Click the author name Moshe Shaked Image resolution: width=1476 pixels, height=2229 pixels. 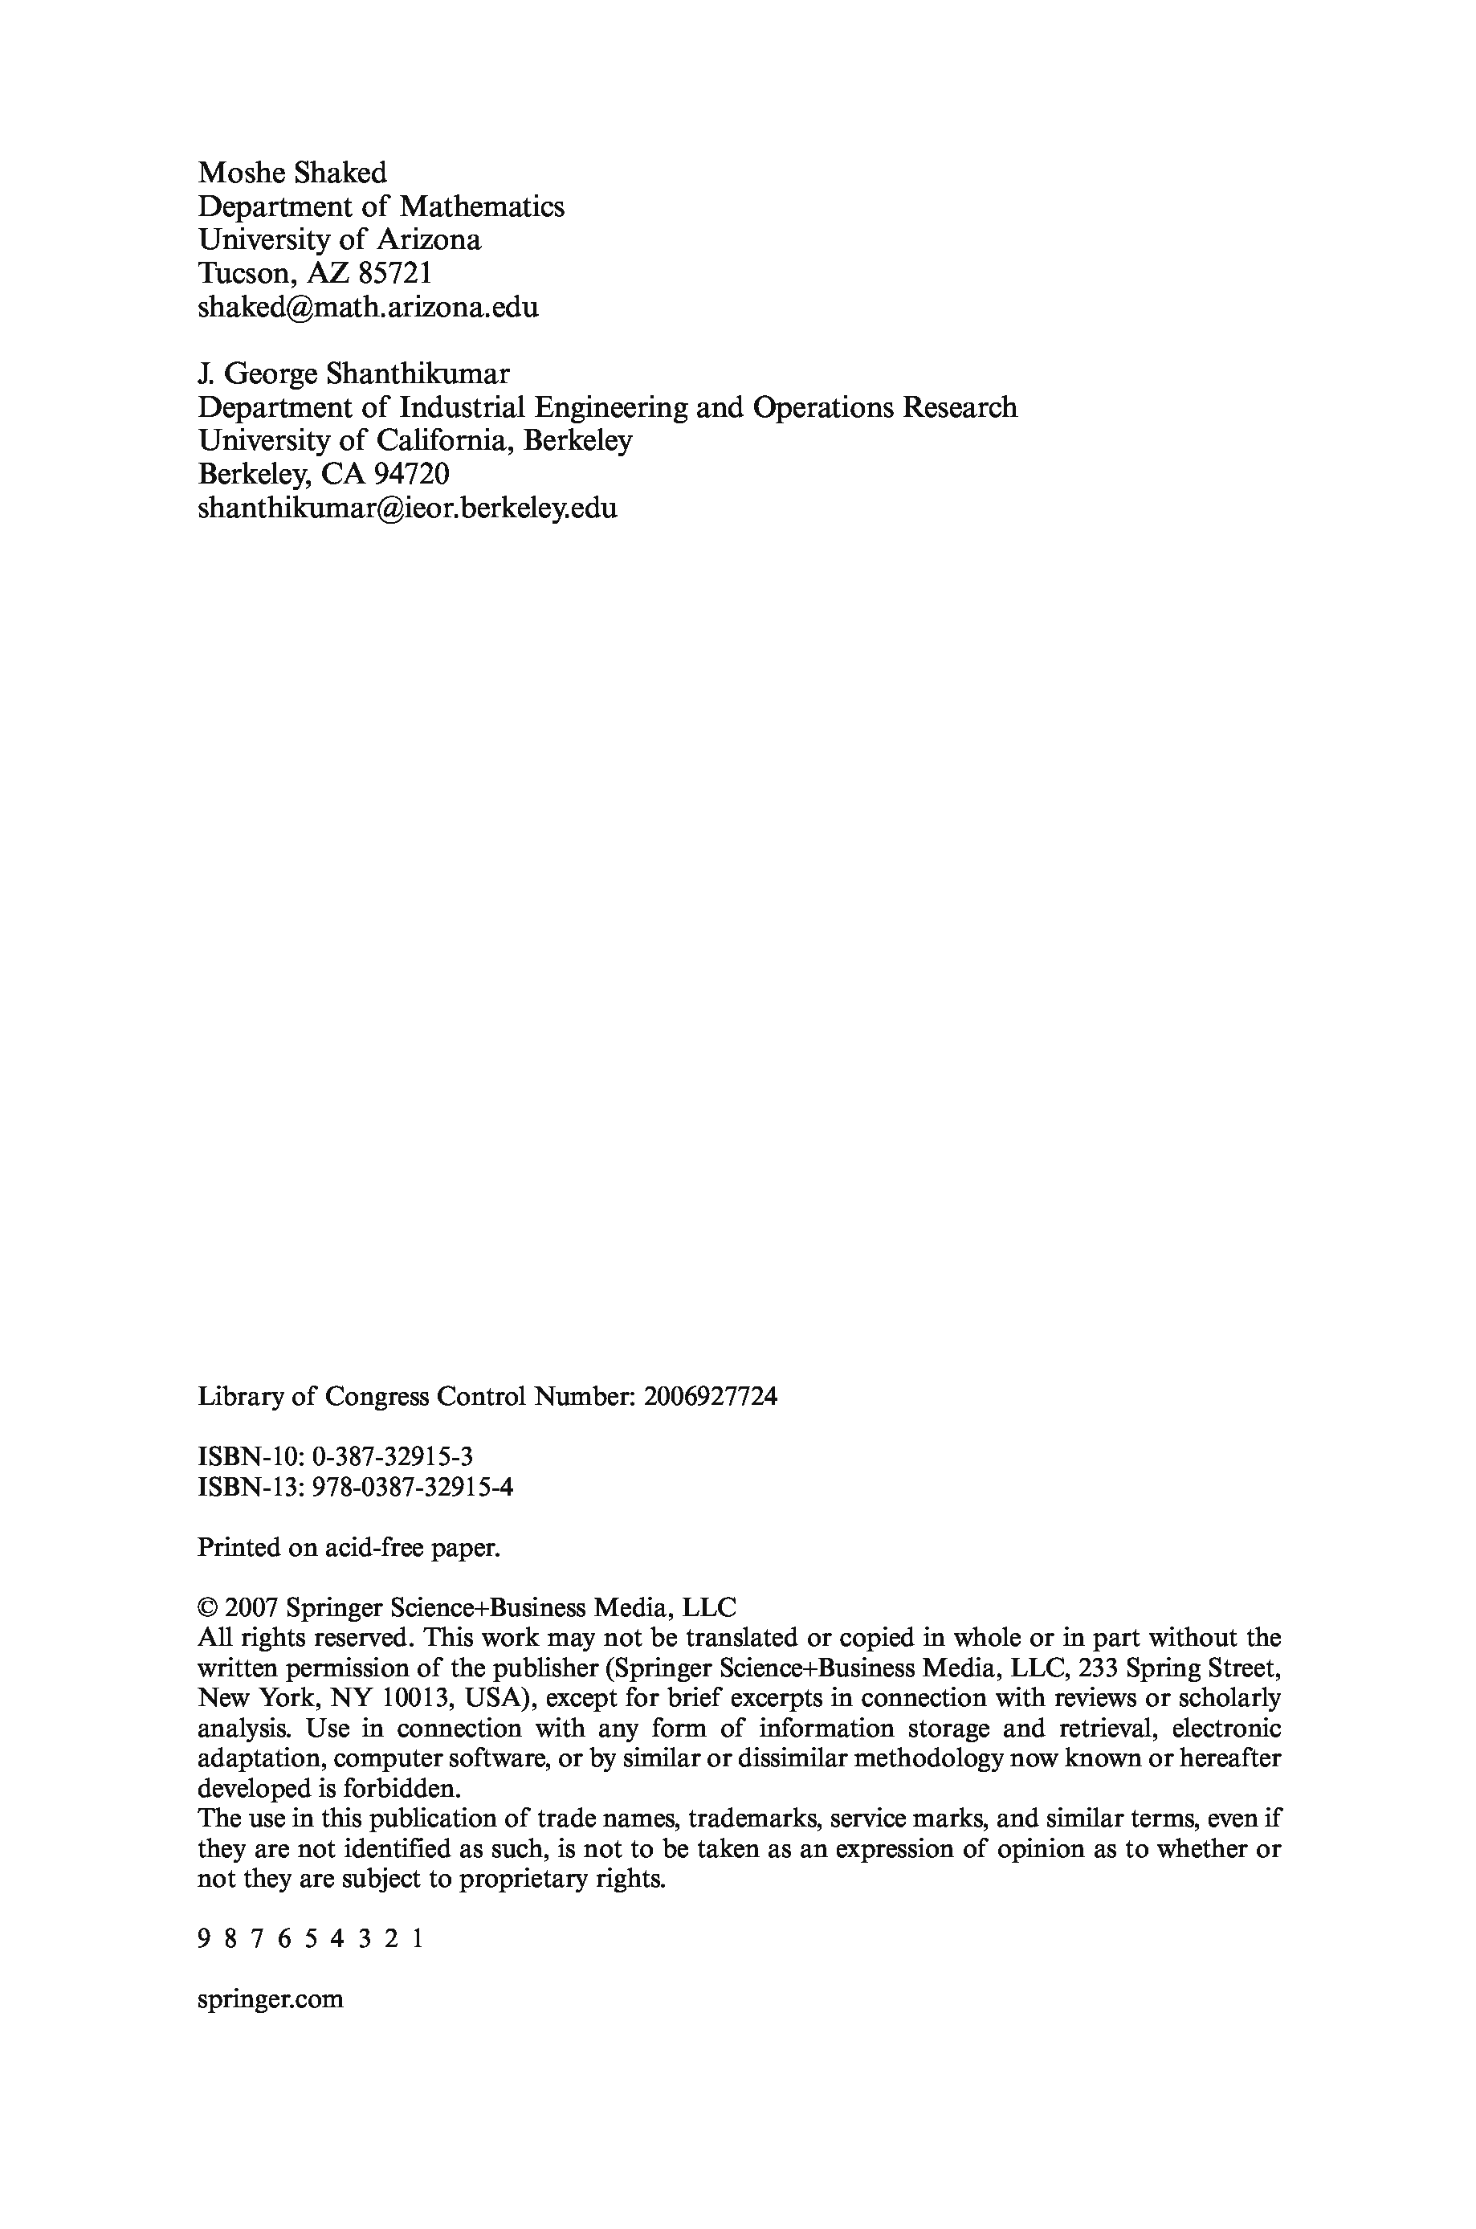[x=292, y=174]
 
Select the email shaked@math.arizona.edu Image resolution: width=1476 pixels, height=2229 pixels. [x=368, y=308]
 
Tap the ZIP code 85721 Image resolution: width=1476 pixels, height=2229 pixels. [x=395, y=274]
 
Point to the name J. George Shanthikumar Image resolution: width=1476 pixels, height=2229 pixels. [x=353, y=374]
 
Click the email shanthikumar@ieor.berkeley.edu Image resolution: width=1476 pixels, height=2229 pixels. [x=406, y=509]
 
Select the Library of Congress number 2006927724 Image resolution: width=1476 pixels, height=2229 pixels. [x=711, y=1396]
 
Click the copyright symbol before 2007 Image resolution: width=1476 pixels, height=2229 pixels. [x=207, y=1608]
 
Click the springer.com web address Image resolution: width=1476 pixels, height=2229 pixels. [x=270, y=2000]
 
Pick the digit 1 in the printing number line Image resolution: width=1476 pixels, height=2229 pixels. [x=417, y=1939]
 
